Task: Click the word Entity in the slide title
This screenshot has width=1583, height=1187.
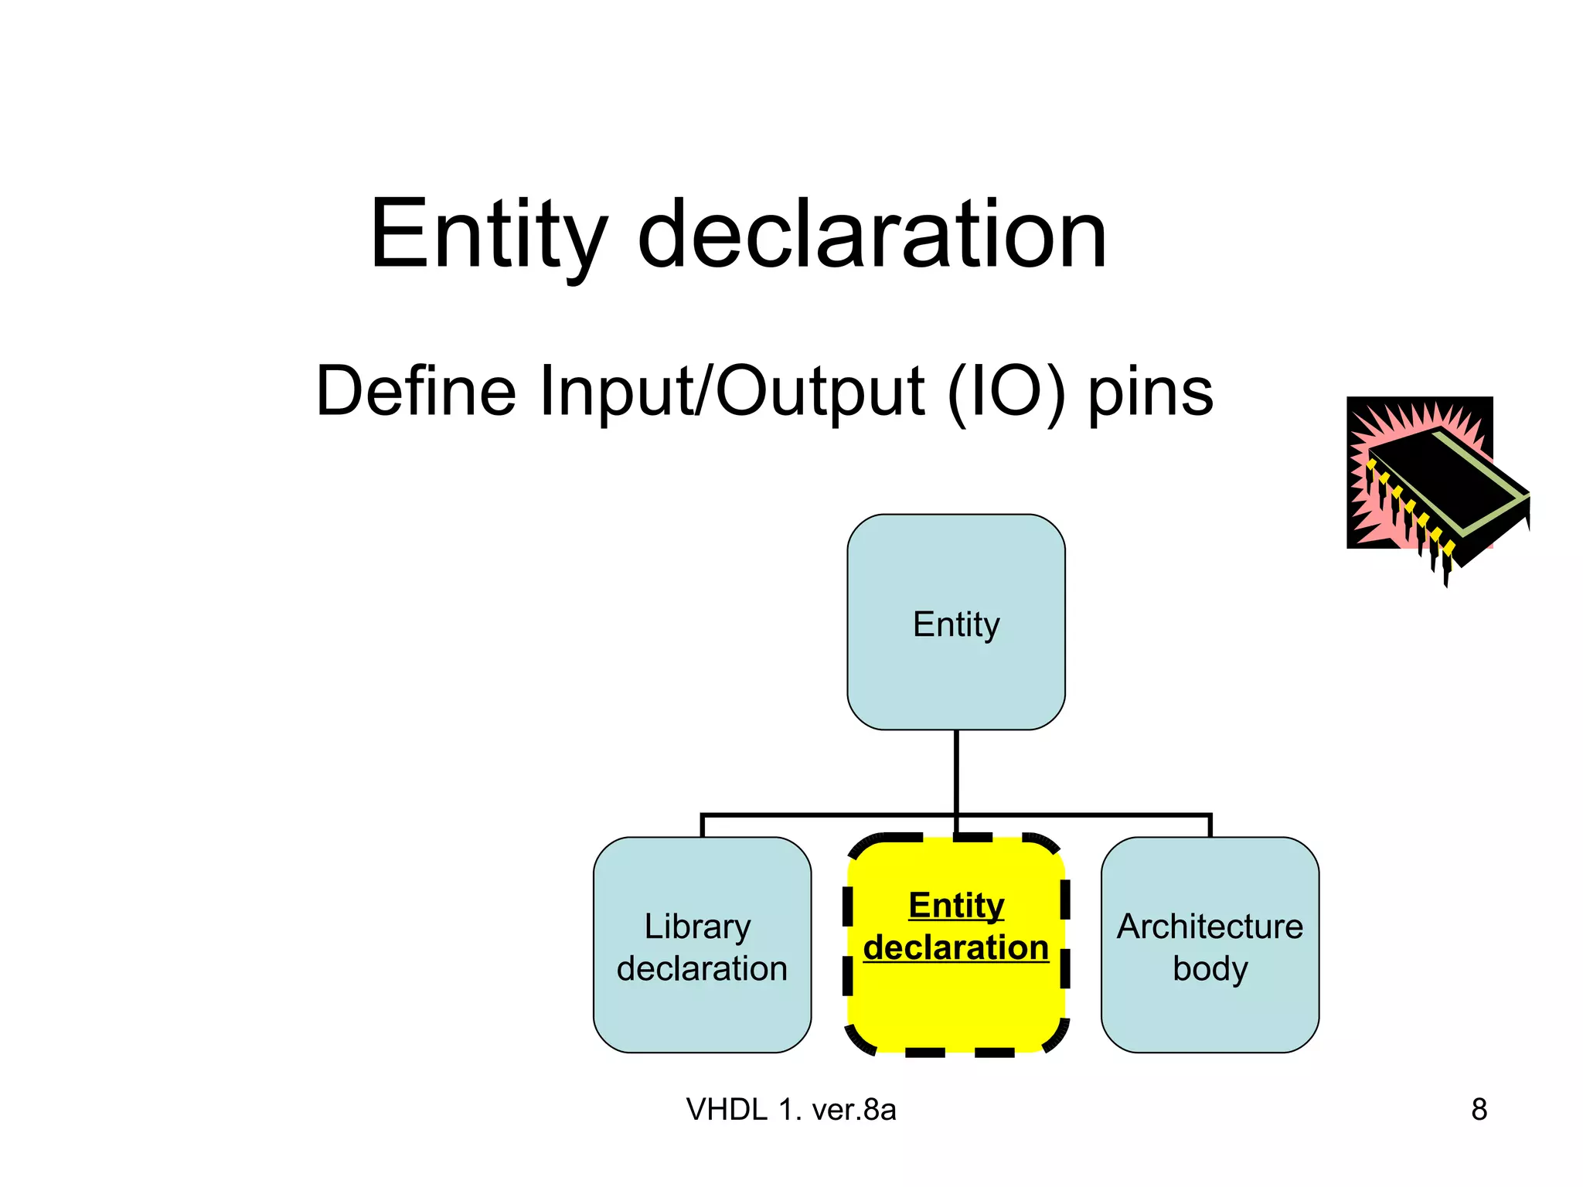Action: click(487, 236)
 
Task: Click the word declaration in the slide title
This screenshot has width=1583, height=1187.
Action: click(872, 236)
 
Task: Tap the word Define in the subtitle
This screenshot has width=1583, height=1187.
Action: click(416, 392)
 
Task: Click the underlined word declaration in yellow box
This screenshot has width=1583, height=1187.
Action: click(956, 947)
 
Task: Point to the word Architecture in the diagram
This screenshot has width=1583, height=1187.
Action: click(1210, 927)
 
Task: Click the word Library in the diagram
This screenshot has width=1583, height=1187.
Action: click(697, 927)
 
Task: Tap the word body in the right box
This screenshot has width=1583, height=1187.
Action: click(1210, 968)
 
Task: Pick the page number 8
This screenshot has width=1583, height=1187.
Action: click(1479, 1110)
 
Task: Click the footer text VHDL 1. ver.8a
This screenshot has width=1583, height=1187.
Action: click(791, 1110)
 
